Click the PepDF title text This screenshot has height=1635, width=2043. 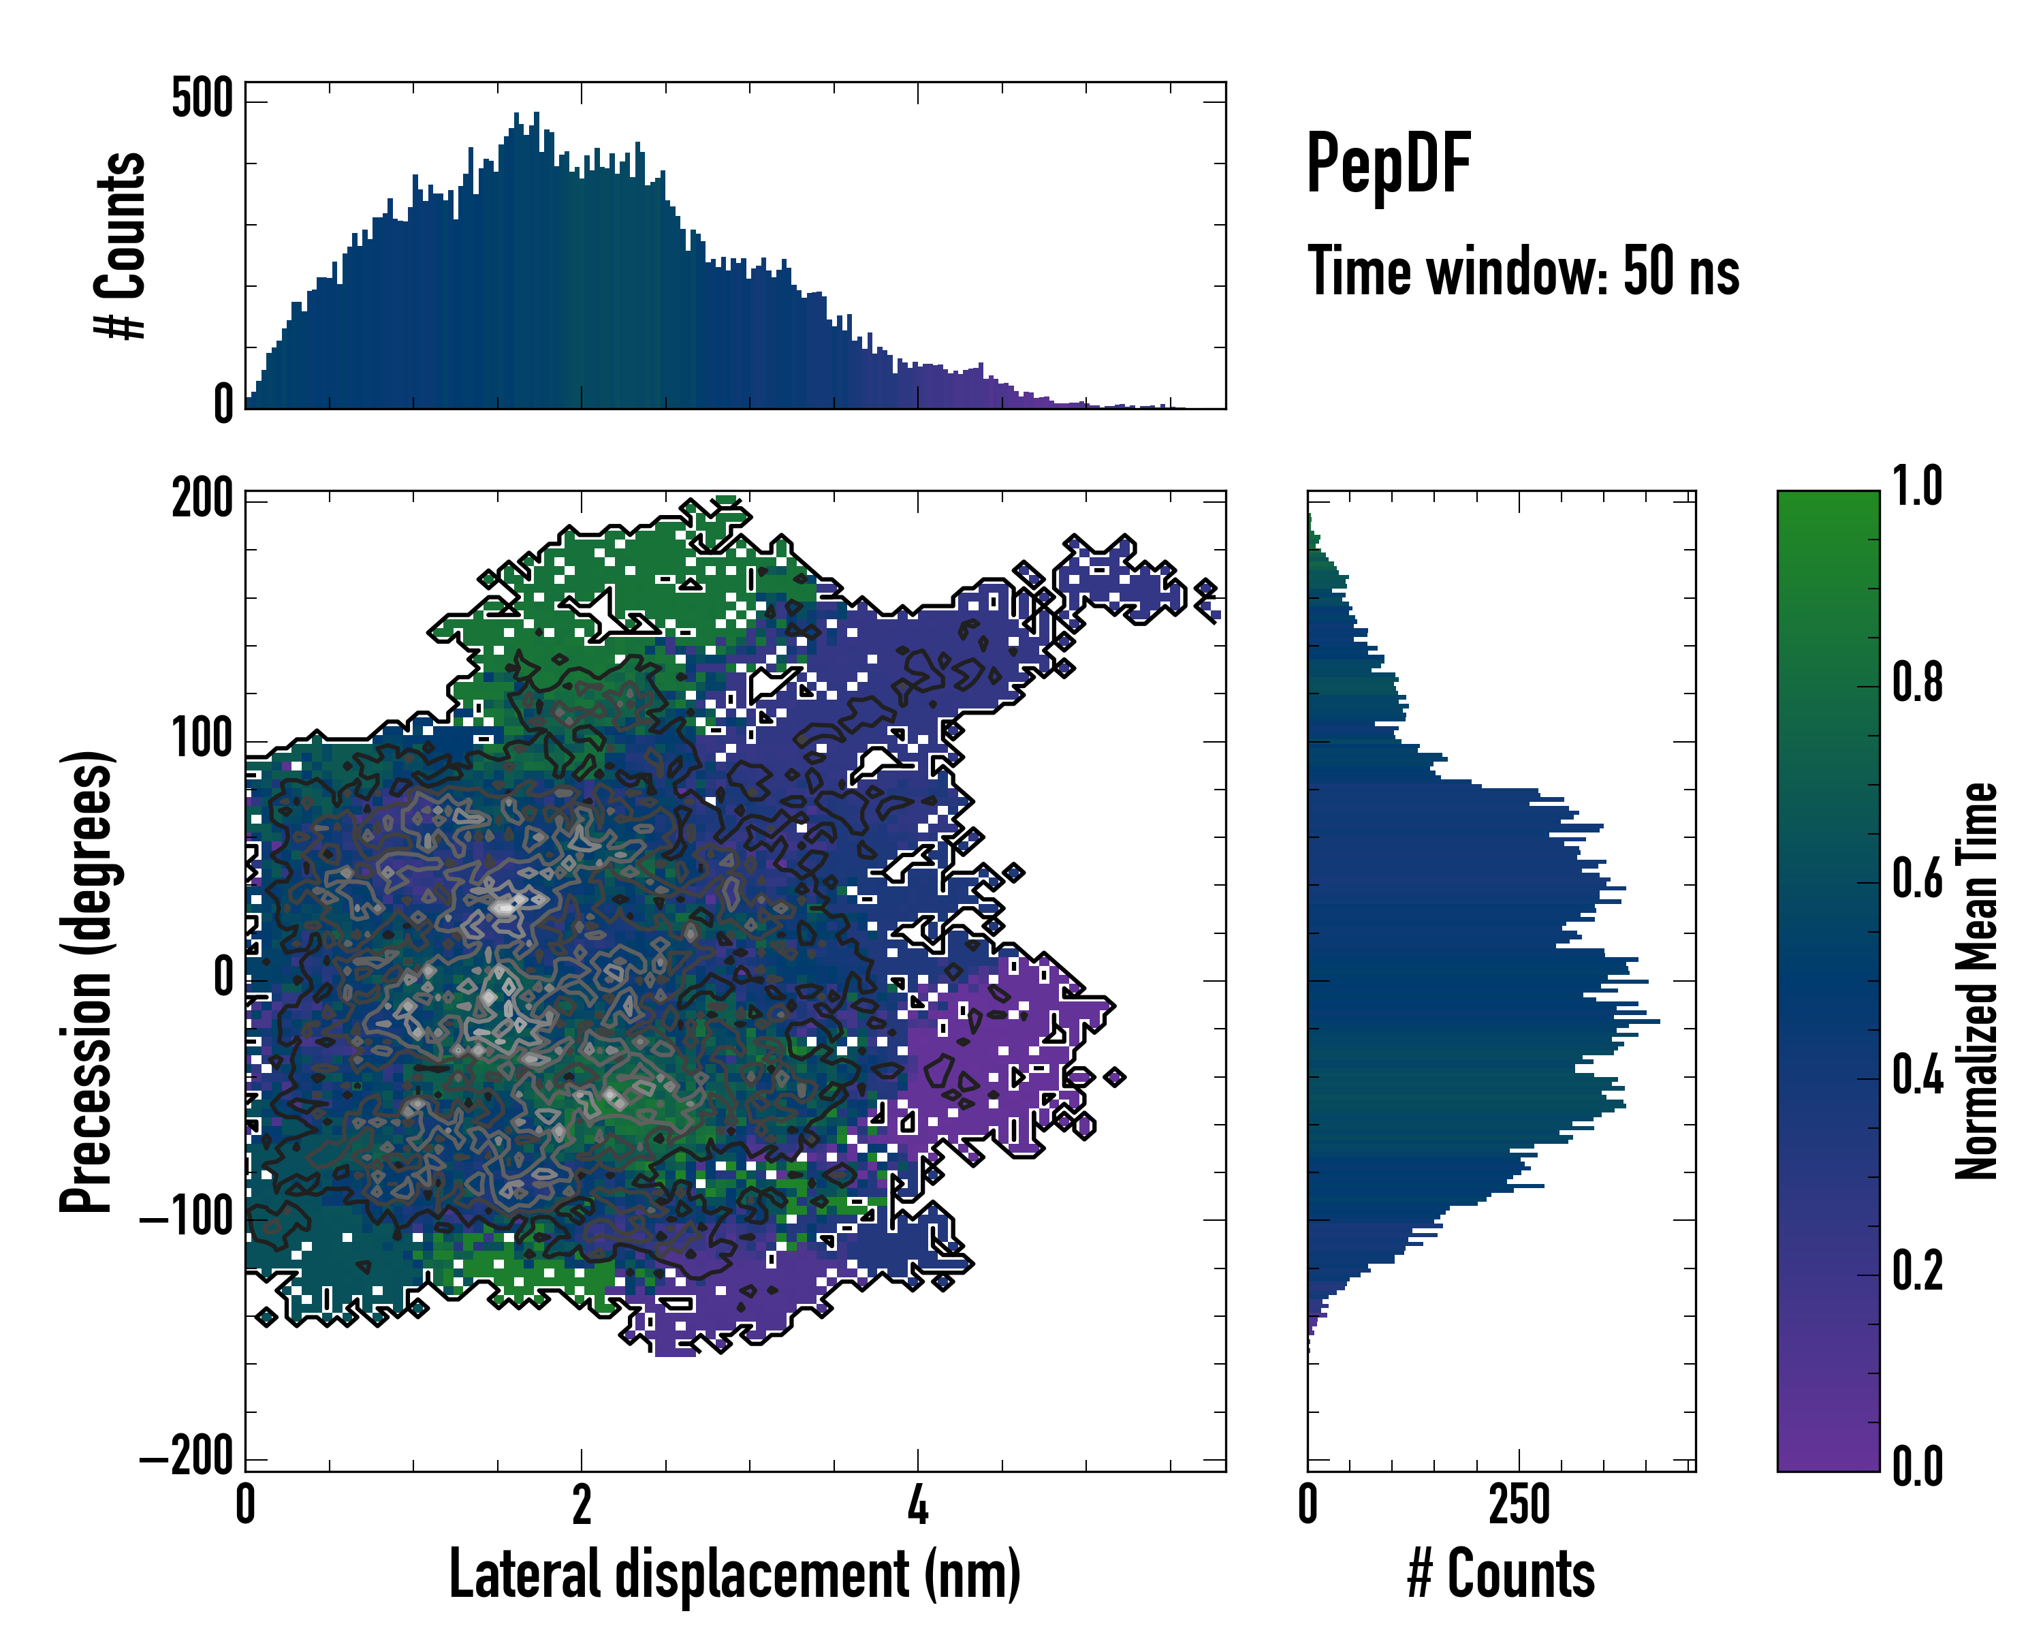tap(1387, 164)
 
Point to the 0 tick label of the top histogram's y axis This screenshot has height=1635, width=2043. tap(223, 404)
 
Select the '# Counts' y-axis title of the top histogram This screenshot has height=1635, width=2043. tap(121, 245)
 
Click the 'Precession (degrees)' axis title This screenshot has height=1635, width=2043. tap(87, 981)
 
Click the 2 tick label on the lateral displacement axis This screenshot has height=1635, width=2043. tap(581, 1504)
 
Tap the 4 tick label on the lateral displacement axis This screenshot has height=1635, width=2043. tap(917, 1504)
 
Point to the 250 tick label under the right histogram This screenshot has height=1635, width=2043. tap(1519, 1504)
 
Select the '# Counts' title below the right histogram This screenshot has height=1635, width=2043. tap(1501, 1574)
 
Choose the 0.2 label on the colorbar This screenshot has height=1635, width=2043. tap(1917, 1272)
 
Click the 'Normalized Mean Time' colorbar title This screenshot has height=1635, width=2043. tap(1977, 981)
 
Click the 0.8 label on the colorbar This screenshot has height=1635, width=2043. tap(1917, 683)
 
